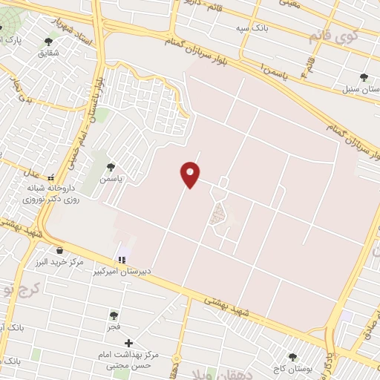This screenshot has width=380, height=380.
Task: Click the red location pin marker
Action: pos(191,174)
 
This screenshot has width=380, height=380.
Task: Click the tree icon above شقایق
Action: pos(49,42)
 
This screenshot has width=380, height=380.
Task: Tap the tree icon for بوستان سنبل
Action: pos(364,76)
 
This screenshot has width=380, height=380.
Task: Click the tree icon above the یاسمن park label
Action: pos(111,167)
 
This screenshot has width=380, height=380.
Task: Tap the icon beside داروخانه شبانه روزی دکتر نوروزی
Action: pos(51,178)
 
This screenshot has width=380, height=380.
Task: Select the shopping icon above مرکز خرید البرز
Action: pos(59,251)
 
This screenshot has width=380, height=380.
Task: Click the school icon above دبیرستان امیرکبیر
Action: pos(121,260)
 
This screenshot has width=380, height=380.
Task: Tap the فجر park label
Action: pos(113,327)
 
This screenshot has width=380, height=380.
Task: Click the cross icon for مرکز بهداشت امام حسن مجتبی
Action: pos(129,344)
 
